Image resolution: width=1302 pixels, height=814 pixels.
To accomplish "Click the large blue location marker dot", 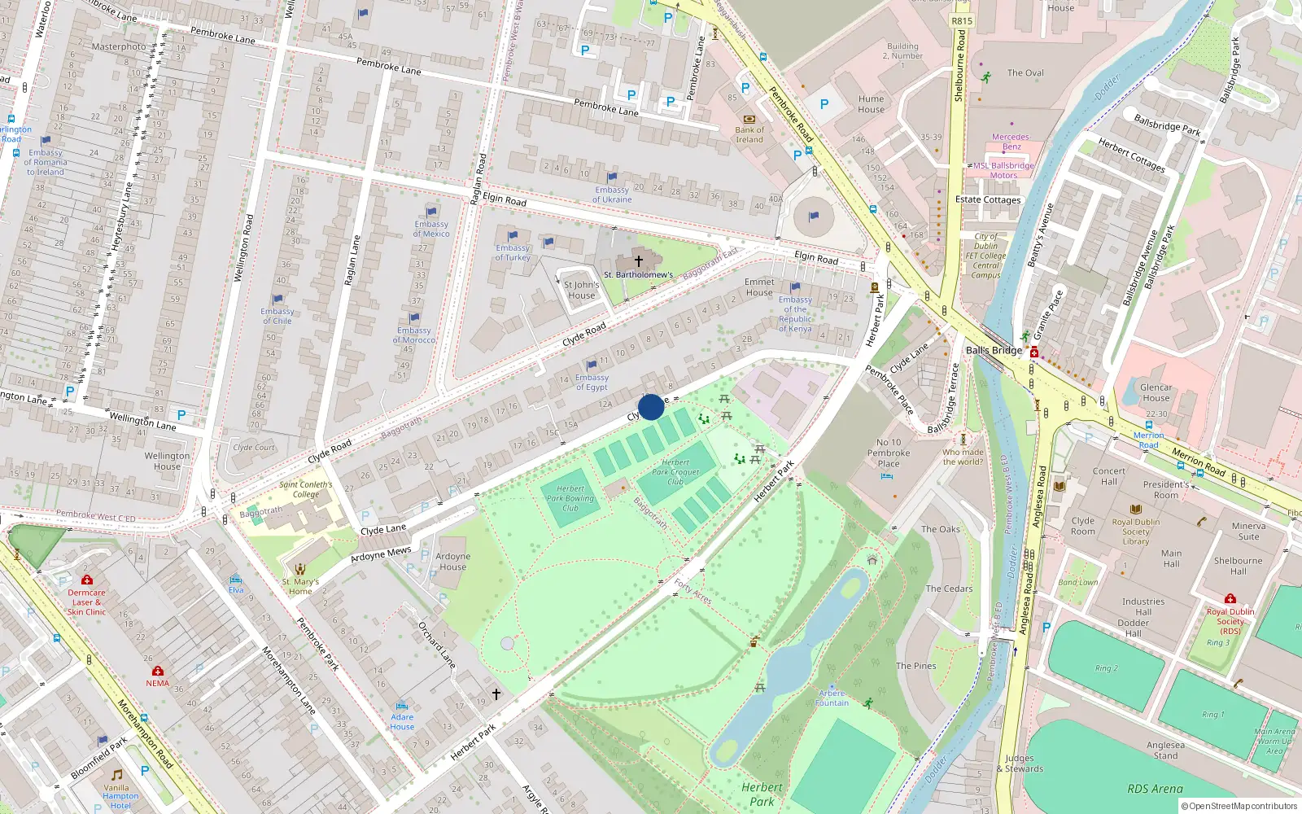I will click(x=651, y=407).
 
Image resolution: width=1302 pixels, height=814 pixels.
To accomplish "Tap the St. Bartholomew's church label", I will click(x=638, y=275).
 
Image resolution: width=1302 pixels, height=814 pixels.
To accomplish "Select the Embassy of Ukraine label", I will click(x=612, y=195).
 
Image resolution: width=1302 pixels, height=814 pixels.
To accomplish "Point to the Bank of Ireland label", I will click(x=749, y=134).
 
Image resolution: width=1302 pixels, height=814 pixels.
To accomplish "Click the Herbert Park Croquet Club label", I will click(x=675, y=472).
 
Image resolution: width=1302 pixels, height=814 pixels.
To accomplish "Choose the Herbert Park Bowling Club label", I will click(x=570, y=498).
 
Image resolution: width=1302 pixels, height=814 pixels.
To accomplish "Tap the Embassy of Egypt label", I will click(x=592, y=383).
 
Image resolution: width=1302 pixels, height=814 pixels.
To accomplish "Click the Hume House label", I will click(x=871, y=104).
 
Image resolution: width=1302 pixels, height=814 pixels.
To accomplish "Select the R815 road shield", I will click(x=962, y=21).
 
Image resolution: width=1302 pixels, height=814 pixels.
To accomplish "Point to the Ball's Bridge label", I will click(x=994, y=350).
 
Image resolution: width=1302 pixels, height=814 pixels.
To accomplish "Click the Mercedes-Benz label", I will click(x=1011, y=142).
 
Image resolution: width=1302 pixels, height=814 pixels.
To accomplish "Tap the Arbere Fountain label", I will click(x=832, y=698).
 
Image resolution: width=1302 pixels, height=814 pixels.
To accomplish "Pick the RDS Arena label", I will click(x=1155, y=789).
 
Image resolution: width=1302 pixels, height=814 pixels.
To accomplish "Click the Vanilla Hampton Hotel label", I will click(x=120, y=796).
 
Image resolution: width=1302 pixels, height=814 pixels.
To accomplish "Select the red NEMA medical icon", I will click(x=158, y=671).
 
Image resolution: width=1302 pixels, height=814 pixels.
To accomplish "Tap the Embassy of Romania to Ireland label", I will click(x=46, y=162).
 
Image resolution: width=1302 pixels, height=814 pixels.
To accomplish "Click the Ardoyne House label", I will click(x=452, y=562).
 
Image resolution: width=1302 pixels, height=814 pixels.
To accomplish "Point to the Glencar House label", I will click(x=1156, y=392).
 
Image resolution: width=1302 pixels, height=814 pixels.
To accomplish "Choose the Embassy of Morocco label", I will click(x=414, y=335).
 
